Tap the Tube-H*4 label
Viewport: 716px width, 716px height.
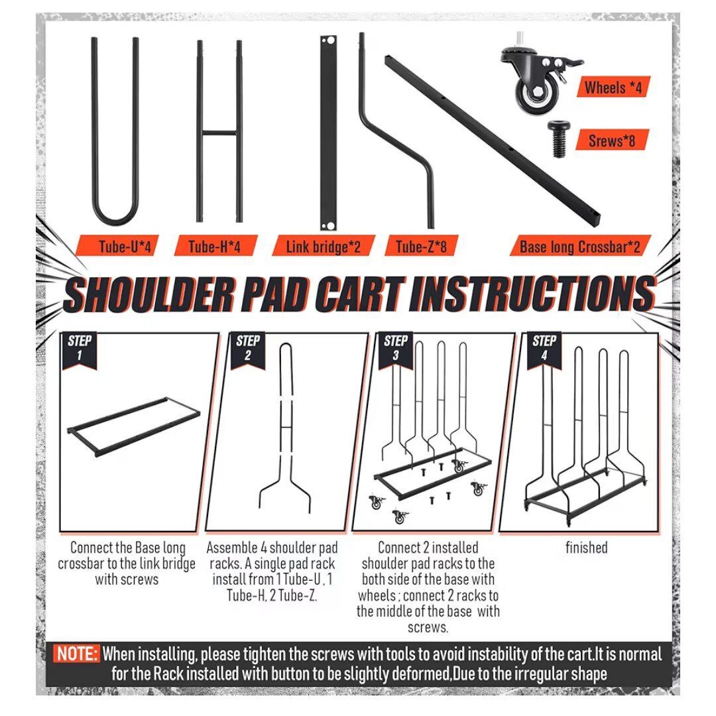click(x=215, y=247)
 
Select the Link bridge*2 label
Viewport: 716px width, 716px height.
click(x=324, y=247)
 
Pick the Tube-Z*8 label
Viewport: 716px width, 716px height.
click(x=420, y=247)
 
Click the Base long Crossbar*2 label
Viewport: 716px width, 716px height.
click(x=580, y=247)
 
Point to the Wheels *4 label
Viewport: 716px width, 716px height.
click(x=613, y=87)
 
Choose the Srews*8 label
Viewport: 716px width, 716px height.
click(x=612, y=140)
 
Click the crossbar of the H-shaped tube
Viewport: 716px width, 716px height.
click(x=219, y=133)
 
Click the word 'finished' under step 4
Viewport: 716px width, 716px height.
click(x=586, y=548)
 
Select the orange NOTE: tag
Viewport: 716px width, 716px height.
click(x=76, y=654)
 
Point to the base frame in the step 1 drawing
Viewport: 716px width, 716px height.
click(x=134, y=426)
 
